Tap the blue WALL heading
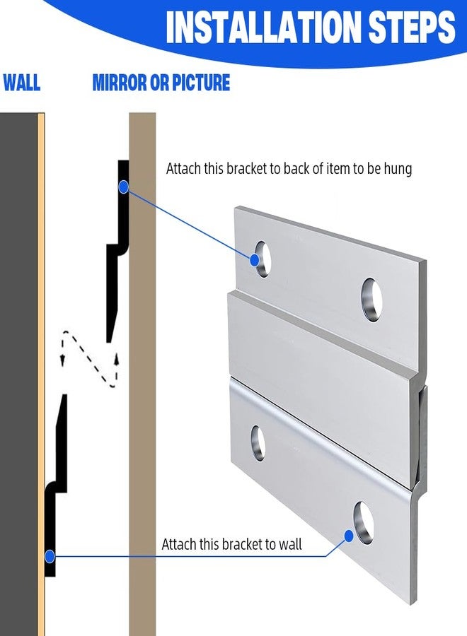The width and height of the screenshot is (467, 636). pyautogui.click(x=22, y=83)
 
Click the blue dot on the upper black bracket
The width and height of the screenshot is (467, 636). pyautogui.click(x=124, y=187)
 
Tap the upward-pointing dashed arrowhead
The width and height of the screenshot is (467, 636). pyautogui.click(x=116, y=363)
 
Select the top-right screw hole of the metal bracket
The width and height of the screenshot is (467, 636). pyautogui.click(x=371, y=298)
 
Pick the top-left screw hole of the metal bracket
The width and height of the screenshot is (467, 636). pyautogui.click(x=262, y=259)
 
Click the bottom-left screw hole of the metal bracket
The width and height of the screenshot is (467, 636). pyautogui.click(x=258, y=443)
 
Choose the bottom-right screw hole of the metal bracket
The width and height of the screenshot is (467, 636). pyautogui.click(x=363, y=523)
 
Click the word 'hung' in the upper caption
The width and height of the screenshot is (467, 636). pyautogui.click(x=397, y=169)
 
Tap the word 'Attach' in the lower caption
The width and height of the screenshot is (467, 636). pyautogui.click(x=179, y=544)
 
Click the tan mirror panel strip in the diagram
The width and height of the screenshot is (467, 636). pyautogui.click(x=142, y=424)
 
